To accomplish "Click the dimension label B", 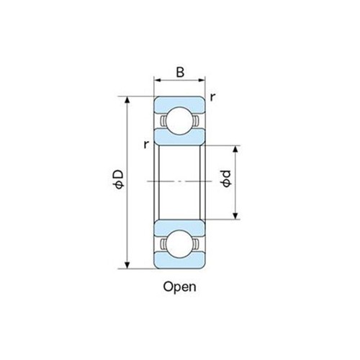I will click(x=179, y=72).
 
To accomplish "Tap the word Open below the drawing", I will click(x=180, y=286).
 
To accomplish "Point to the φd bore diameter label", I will click(x=226, y=180).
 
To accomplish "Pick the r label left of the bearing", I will click(x=146, y=144).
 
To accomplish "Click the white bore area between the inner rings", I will click(x=180, y=166).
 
